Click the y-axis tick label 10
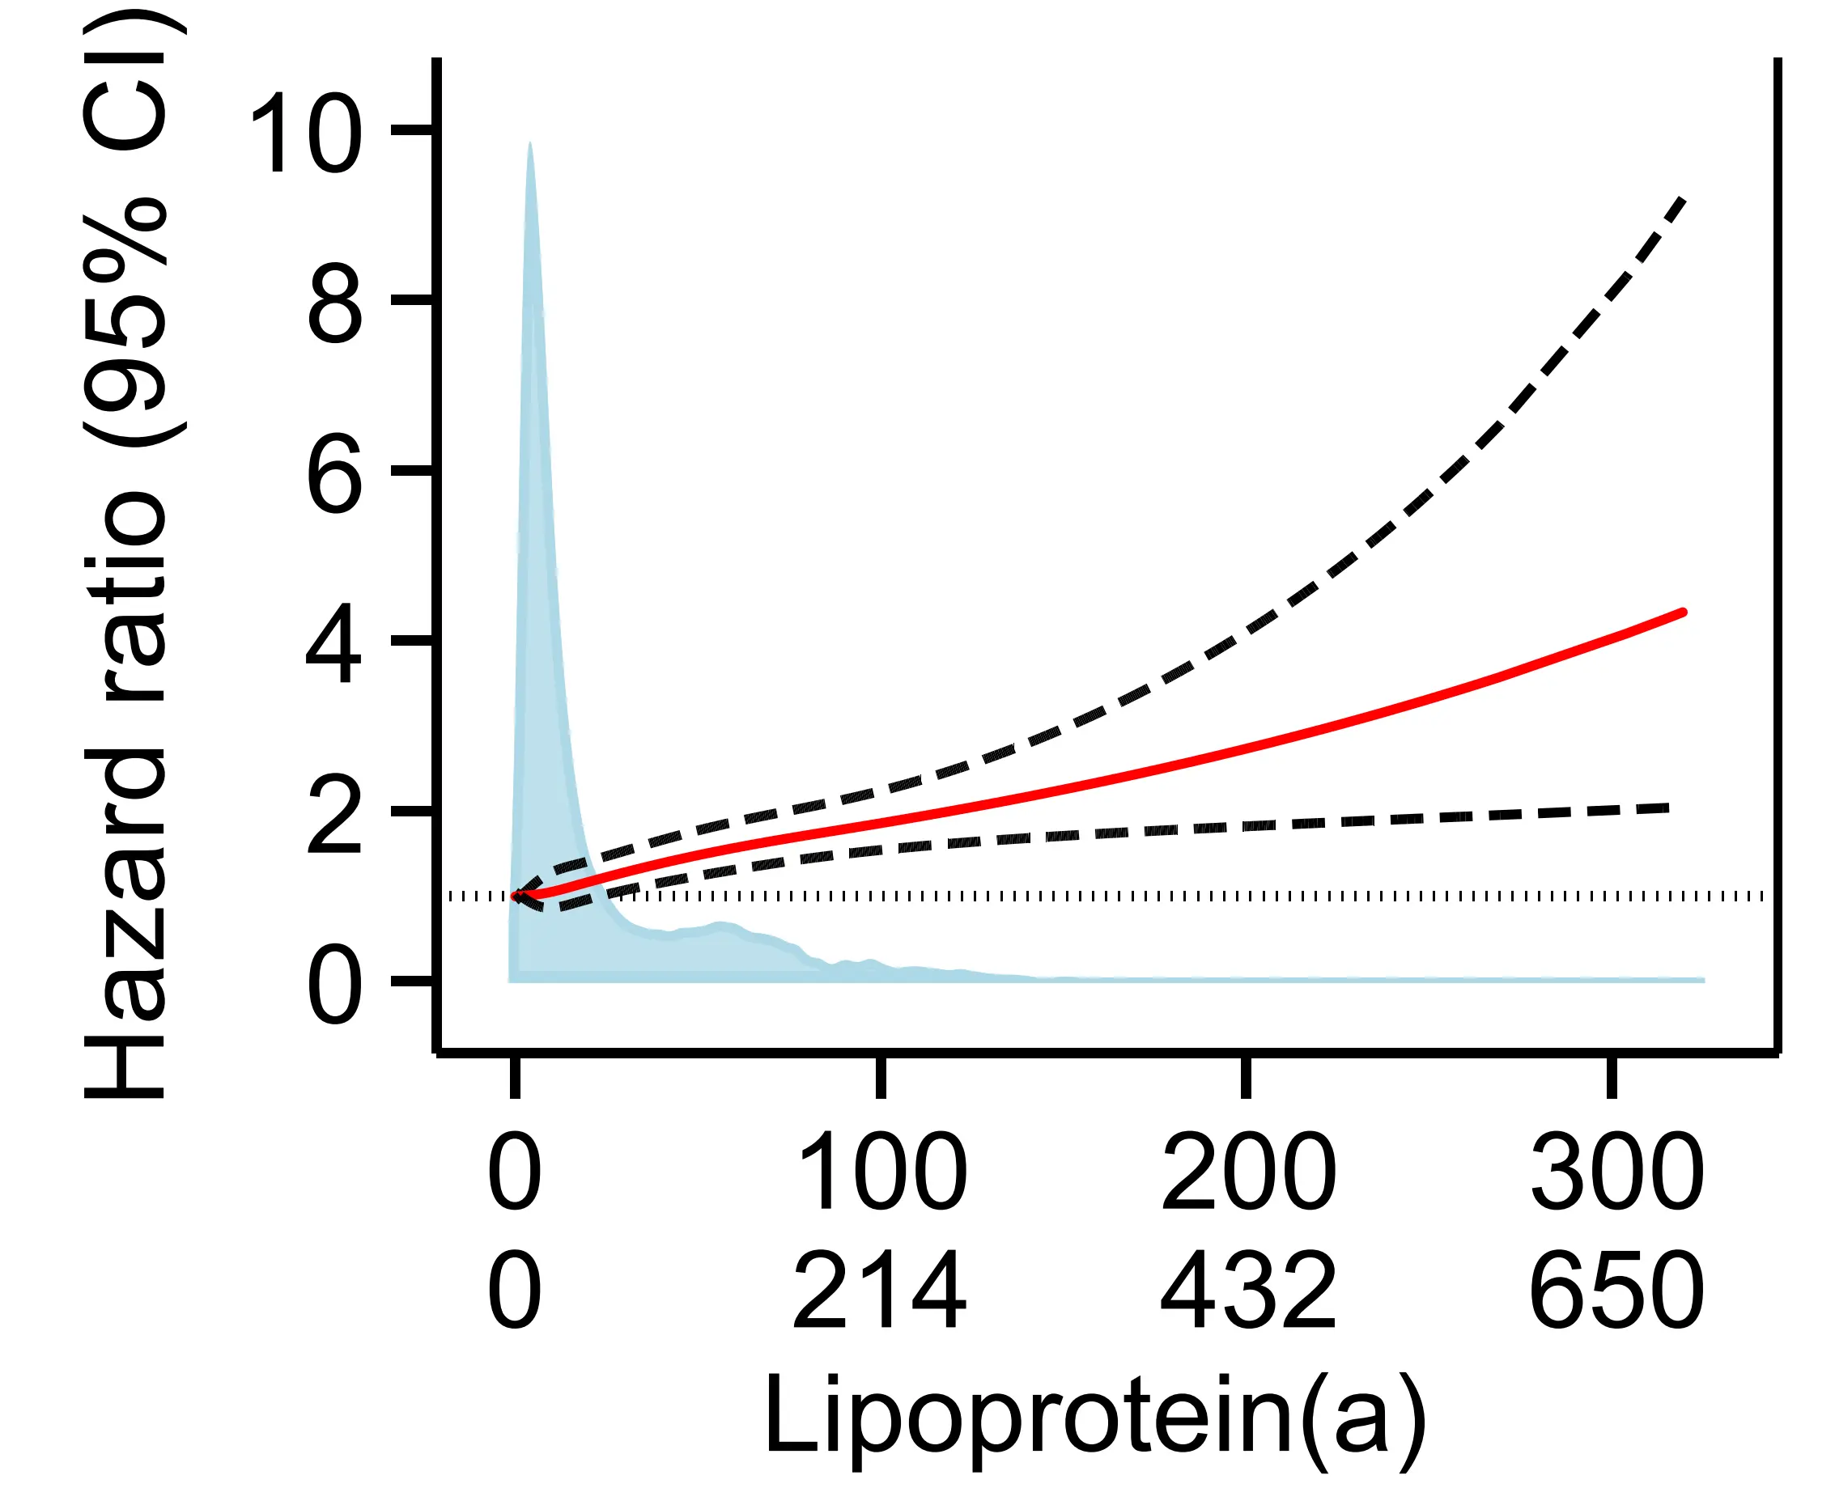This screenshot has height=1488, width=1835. [x=305, y=133]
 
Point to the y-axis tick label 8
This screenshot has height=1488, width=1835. [x=334, y=303]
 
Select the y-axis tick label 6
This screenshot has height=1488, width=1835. [x=334, y=473]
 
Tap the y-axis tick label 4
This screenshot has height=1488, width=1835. [x=334, y=642]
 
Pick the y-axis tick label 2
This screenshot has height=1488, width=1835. [x=334, y=812]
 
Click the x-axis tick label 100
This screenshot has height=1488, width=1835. [x=881, y=1172]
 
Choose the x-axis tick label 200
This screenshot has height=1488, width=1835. [x=1247, y=1172]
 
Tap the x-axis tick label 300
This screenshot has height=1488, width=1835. [x=1616, y=1172]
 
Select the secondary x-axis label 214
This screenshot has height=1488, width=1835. [x=880, y=1290]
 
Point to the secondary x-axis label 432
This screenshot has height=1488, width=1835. [x=1247, y=1290]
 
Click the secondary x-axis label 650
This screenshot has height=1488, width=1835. [x=1616, y=1290]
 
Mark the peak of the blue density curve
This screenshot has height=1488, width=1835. [x=530, y=143]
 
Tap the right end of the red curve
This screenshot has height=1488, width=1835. [x=1683, y=612]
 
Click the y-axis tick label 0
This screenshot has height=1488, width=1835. [x=334, y=983]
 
